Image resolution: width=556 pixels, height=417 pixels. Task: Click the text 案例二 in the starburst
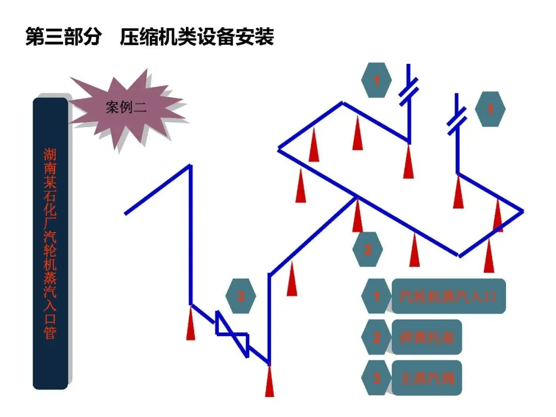tap(126, 108)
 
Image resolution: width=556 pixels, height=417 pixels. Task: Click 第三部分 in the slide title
tap(62, 37)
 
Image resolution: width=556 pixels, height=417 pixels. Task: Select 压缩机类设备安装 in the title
tap(197, 37)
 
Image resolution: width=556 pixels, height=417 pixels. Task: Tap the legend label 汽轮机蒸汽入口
tap(448, 297)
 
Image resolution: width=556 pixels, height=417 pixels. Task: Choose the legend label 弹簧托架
tap(427, 337)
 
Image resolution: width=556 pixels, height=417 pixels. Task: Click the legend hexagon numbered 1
tap(376, 297)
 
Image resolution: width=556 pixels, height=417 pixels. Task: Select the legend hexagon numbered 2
tap(376, 337)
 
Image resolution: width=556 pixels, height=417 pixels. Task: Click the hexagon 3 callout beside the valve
tap(240, 296)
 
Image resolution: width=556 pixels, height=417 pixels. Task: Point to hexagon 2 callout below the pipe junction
tap(368, 250)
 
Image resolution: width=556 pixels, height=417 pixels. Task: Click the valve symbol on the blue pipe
tap(232, 334)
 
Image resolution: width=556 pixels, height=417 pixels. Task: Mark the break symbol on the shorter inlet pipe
tap(456, 121)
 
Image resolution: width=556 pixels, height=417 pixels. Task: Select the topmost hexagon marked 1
tap(376, 80)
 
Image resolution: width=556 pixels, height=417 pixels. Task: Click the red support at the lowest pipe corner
tap(269, 381)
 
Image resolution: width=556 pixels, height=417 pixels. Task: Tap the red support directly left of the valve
tap(191, 323)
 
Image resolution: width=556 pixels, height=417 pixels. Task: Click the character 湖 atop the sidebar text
tap(50, 155)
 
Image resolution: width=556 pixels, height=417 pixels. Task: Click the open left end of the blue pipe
tap(126, 213)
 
